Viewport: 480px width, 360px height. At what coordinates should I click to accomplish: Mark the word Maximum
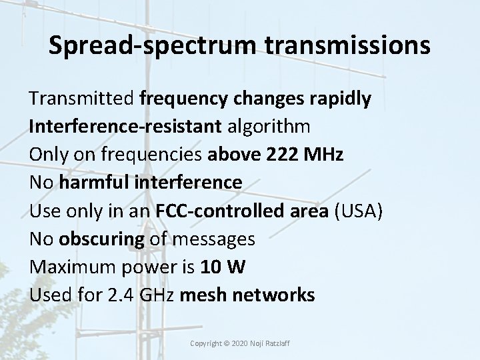pos(69,267)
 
